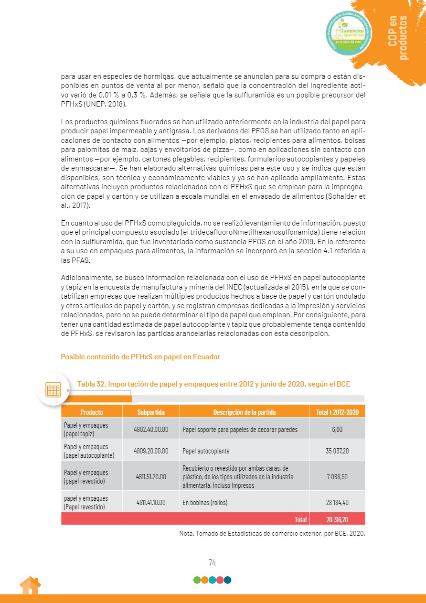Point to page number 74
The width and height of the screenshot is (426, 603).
213,563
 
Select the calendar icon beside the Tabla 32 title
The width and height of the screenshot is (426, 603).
53,389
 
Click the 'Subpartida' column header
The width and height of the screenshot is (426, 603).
151,412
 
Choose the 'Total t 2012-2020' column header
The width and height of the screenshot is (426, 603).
337,412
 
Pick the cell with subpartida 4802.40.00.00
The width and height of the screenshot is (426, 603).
151,429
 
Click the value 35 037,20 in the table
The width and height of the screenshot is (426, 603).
337,451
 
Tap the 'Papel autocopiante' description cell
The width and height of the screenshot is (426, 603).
206,451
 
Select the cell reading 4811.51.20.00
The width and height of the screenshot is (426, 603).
151,476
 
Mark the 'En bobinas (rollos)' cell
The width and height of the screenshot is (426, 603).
205,502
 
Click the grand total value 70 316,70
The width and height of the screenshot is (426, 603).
337,519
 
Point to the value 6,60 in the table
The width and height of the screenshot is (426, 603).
337,429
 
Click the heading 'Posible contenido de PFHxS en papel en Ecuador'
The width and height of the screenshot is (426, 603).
140,357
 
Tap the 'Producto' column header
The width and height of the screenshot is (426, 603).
92,412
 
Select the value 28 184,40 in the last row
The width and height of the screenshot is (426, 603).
337,502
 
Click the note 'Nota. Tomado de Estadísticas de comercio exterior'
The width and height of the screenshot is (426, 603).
269,533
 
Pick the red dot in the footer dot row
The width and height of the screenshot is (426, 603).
220,580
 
